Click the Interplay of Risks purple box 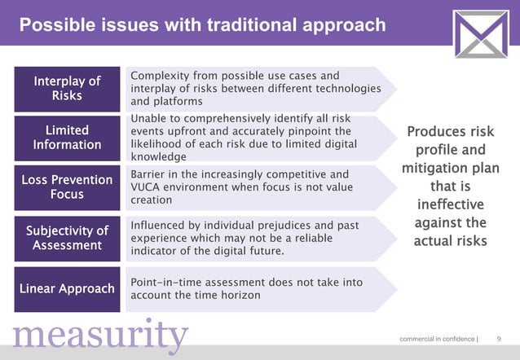(67, 89)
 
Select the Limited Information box (67, 138)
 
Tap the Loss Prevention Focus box (67, 187)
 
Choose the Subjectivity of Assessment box (67, 238)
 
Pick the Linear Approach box (67, 288)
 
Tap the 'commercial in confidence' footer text (436, 338)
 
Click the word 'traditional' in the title (237, 26)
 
